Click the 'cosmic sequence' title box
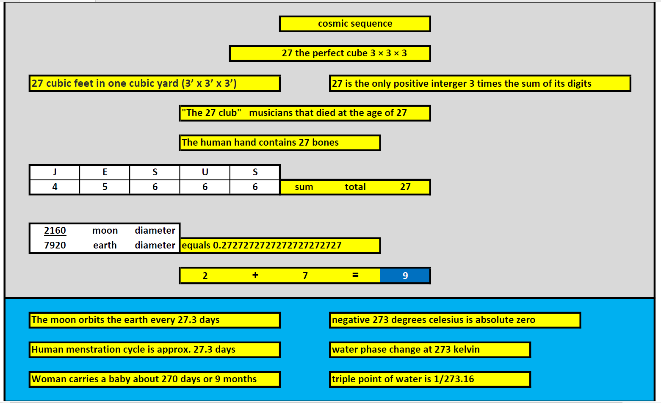tap(355, 24)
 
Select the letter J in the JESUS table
tap(55, 172)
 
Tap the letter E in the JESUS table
tap(105, 172)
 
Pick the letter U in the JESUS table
tap(205, 172)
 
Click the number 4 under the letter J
tap(55, 187)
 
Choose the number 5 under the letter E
tap(105, 187)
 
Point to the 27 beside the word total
tap(405, 187)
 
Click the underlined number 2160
tap(55, 230)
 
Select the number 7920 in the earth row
tap(55, 245)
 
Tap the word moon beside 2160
tap(105, 230)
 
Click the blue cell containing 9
tap(405, 276)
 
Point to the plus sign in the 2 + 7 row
tap(255, 275)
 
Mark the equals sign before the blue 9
tap(355, 275)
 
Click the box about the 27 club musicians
tap(304, 113)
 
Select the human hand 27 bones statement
tap(279, 143)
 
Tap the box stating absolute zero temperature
tap(455, 320)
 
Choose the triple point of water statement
tap(430, 379)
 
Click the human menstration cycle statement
tap(155, 350)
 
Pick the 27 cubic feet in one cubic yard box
tap(155, 83)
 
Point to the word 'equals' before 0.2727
tap(196, 246)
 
